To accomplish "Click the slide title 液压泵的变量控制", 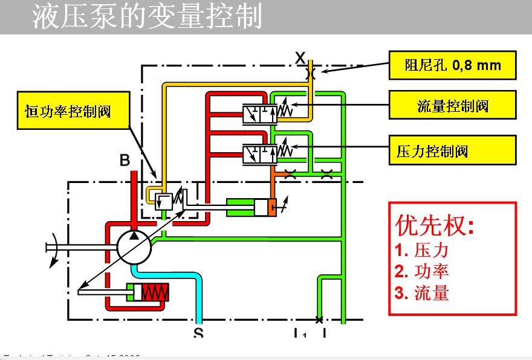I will point(148,17).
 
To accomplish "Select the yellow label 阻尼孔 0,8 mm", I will point(452,65).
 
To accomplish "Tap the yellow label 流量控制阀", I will point(452,106).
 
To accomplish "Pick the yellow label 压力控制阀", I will point(452,150).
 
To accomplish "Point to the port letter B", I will point(125,161).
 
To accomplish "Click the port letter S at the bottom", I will point(198,332).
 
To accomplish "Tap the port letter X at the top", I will point(300,58).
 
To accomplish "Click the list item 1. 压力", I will point(422,250).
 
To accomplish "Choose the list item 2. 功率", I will point(422,271).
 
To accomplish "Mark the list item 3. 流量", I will point(422,293).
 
